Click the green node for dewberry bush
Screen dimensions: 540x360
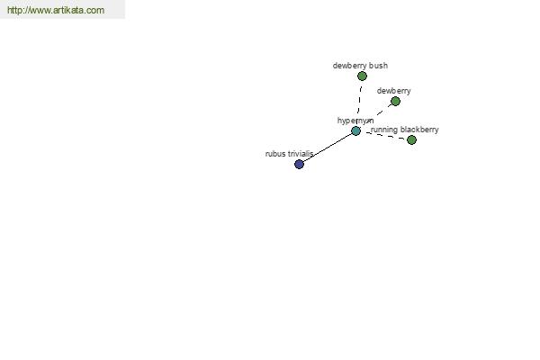pos(362,76)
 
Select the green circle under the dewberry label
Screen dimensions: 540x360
pos(395,102)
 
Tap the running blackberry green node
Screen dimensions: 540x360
pos(411,139)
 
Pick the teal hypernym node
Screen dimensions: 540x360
pos(355,130)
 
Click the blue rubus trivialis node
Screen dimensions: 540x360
pos(300,165)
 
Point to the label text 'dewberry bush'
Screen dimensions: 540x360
pos(360,66)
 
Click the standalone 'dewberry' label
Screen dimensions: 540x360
pos(393,91)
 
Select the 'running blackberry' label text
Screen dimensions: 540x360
pos(405,130)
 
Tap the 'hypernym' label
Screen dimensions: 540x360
pos(355,121)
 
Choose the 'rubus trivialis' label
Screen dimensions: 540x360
pos(289,154)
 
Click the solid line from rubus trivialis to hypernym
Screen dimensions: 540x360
pos(328,148)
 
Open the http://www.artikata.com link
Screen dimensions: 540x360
pos(56,10)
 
